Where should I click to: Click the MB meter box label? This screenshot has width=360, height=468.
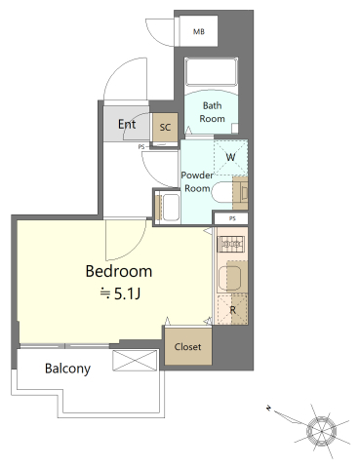pos(199,32)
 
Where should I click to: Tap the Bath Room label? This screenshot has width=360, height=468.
pos(212,112)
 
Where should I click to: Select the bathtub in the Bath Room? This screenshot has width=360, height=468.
pos(211,72)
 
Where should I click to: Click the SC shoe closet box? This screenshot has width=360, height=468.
pos(165,127)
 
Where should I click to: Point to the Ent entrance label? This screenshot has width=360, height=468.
pos(127,124)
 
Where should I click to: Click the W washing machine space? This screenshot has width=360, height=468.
pos(230,158)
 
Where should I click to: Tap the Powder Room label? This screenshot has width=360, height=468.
pos(197,181)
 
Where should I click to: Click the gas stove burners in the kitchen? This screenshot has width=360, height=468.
pos(231,243)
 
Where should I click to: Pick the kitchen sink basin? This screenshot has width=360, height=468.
pos(229,278)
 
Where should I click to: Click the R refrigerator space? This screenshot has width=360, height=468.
pos(232,310)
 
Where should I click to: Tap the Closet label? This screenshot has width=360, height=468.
pos(187,347)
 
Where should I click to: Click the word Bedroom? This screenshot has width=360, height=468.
pos(119,271)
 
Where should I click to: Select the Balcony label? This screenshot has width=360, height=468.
pos(67,369)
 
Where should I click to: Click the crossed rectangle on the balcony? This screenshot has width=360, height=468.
pos(135,360)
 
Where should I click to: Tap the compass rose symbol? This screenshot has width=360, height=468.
pos(321,431)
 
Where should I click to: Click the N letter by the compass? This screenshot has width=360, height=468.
pos(268,408)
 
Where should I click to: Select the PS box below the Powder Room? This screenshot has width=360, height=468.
pos(231,218)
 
